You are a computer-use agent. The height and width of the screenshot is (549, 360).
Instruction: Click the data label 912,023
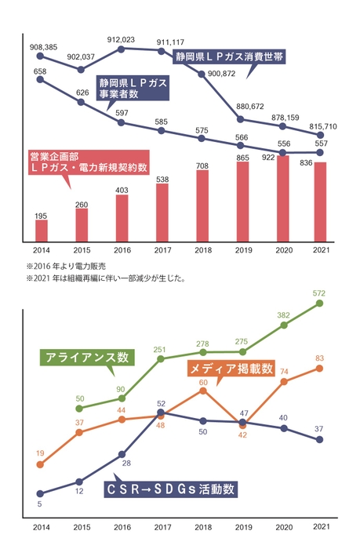pyautogui.click(x=121, y=39)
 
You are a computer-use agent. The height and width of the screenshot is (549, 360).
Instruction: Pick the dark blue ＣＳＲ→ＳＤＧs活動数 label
pyautogui.click(x=170, y=489)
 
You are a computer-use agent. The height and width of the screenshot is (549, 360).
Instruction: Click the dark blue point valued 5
pyautogui.click(x=41, y=494)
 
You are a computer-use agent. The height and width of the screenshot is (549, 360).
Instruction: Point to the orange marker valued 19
pyautogui.click(x=41, y=464)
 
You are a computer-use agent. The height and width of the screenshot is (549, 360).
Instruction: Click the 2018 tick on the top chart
pyautogui.click(x=202, y=251)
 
